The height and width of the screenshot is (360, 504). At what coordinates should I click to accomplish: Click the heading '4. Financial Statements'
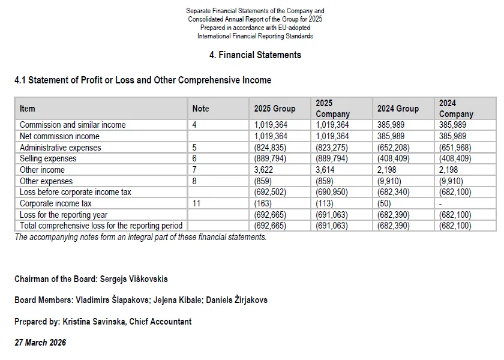tap(255, 55)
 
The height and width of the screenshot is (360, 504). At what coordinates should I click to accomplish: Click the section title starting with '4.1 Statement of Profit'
tap(142, 80)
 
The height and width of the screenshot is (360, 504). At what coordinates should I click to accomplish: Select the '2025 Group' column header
tap(275, 109)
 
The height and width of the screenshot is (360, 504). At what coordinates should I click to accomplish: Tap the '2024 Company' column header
tap(456, 109)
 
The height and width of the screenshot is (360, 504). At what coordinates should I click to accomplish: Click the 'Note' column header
tap(200, 109)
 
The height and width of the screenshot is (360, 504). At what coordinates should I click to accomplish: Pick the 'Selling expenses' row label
tap(48, 159)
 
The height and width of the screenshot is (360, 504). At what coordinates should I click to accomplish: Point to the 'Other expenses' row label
tap(46, 181)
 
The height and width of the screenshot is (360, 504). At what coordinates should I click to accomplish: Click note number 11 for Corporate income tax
tap(196, 203)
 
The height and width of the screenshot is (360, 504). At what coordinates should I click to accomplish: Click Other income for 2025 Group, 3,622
tap(265, 170)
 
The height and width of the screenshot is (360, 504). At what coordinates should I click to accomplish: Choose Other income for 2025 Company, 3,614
tap(327, 170)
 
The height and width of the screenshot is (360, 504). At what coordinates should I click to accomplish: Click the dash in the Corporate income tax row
tap(440, 203)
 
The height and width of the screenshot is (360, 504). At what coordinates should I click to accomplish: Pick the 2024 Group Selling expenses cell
tap(393, 159)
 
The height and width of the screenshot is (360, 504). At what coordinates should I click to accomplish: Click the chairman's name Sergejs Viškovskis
tap(129, 280)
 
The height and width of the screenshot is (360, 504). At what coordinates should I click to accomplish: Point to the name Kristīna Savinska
tap(95, 322)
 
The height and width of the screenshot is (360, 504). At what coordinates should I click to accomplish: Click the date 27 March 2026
tap(40, 343)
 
